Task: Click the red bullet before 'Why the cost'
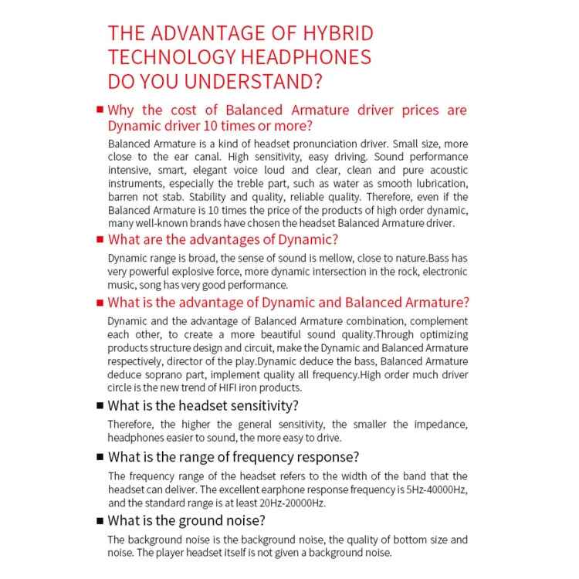(99, 110)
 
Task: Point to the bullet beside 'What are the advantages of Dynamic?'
(99, 239)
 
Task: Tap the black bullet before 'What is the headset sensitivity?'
(99, 405)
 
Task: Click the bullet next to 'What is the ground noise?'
(99, 520)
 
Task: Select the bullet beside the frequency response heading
(99, 457)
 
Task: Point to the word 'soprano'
(156, 374)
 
